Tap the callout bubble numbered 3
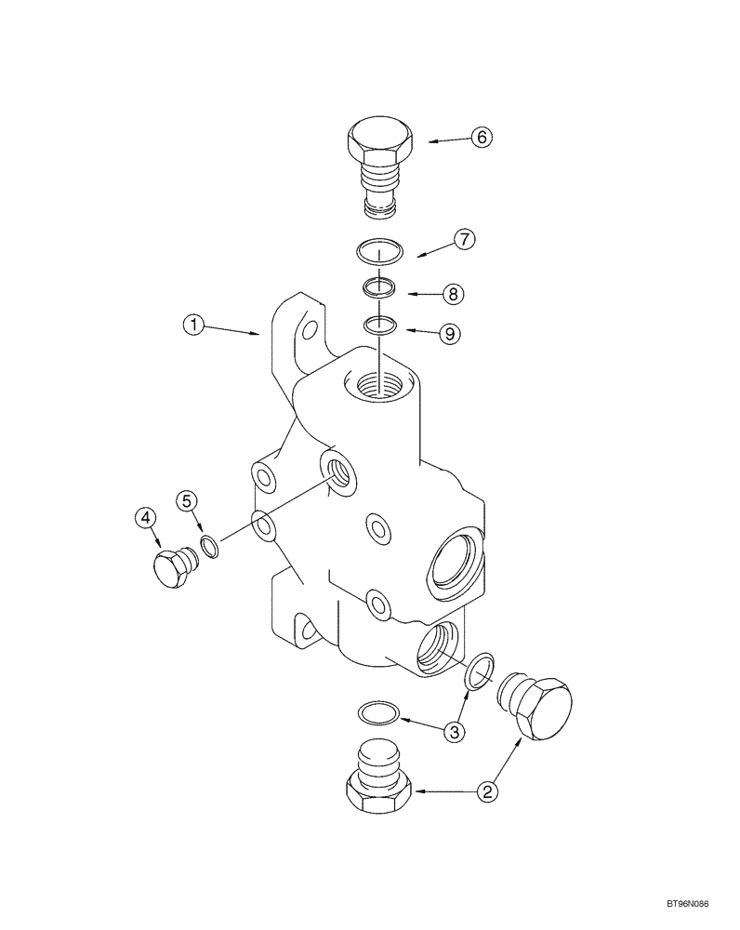click(454, 732)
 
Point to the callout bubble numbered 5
click(189, 501)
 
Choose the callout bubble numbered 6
click(480, 137)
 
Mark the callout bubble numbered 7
click(465, 239)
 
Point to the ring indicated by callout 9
click(379, 325)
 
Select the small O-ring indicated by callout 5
click(211, 548)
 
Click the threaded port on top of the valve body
click(380, 383)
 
